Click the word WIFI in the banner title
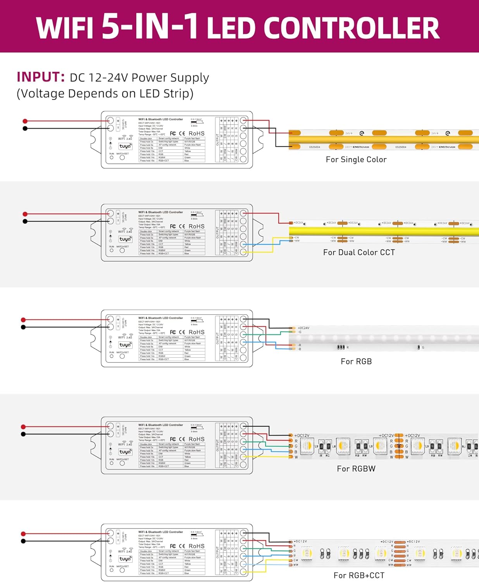tap(65, 28)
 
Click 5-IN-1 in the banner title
tap(150, 26)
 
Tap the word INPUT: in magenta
tap(40, 77)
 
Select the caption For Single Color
tap(356, 159)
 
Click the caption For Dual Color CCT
tap(359, 253)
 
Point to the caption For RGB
tap(356, 362)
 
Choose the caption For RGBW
tap(356, 469)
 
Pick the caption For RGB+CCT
tap(359, 575)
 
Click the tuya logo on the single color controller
tap(125, 146)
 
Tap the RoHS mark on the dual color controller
tap(196, 226)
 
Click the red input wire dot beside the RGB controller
tap(24, 320)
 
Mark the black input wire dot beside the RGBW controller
tap(24, 434)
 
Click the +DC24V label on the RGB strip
tap(303, 328)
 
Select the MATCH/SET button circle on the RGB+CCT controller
tap(122, 570)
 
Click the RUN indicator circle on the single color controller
tap(112, 158)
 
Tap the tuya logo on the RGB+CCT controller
tap(125, 559)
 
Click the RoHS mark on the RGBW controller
tap(196, 439)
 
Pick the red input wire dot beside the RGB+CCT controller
tap(24, 534)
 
